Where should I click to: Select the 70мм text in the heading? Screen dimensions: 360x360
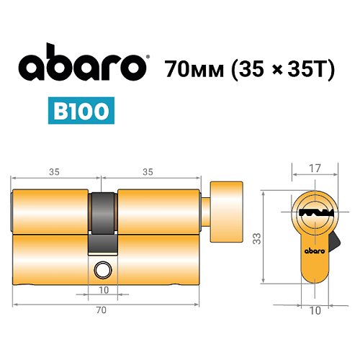(192, 70)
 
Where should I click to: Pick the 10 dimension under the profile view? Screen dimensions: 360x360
(314, 310)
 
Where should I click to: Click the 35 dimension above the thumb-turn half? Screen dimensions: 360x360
(148, 172)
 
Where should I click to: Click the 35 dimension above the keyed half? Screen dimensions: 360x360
(55, 172)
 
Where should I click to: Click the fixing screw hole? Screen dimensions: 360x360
(102, 271)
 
